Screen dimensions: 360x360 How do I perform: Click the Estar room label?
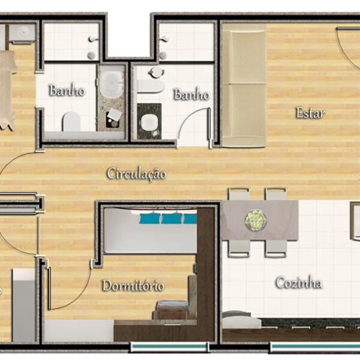(311, 113)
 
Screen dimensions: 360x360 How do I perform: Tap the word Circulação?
(137, 174)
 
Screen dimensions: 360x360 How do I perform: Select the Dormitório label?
(133, 286)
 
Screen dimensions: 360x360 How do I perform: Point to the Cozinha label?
(299, 283)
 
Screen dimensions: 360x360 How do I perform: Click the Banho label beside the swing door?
(192, 94)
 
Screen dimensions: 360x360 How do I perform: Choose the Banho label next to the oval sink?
(67, 90)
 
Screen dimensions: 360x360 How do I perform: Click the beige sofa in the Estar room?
(244, 85)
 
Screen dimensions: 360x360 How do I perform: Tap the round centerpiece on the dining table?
(256, 220)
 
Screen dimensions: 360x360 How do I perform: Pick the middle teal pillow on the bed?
(172, 218)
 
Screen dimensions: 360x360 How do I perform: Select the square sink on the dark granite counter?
(148, 122)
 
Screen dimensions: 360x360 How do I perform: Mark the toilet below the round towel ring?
(151, 86)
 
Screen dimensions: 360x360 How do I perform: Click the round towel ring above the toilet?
(157, 73)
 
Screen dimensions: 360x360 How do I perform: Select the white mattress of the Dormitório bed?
(151, 231)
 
